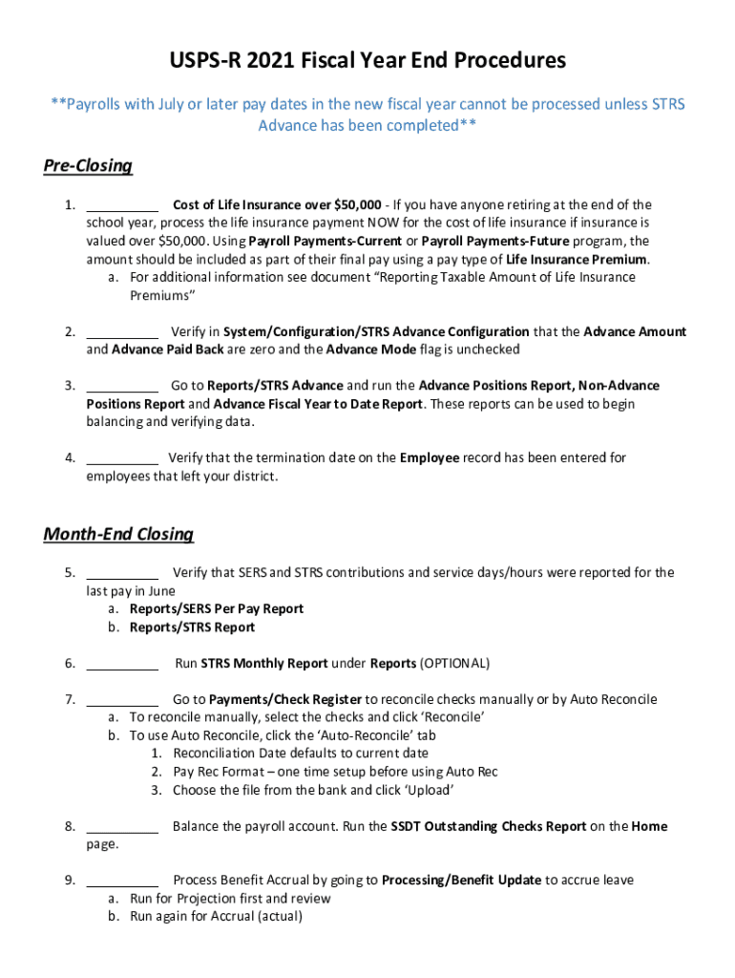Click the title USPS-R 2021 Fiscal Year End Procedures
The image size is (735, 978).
pos(367,61)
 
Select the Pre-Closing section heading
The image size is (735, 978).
pos(88,166)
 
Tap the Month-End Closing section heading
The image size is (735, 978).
pos(118,534)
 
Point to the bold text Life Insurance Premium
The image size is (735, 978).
pos(577,260)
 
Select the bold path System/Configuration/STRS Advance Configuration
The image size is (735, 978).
pos(376,332)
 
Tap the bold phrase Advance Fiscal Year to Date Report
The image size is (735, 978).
pos(318,404)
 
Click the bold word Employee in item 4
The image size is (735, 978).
pos(430,458)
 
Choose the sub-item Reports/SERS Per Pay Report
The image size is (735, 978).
pos(217,609)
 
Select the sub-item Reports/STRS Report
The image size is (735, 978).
pos(192,627)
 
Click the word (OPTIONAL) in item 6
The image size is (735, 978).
pos(454,664)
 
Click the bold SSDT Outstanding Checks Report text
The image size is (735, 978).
pos(489,827)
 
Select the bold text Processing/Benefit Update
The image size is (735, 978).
pos(461,881)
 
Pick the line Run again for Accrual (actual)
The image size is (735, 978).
pos(216,917)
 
